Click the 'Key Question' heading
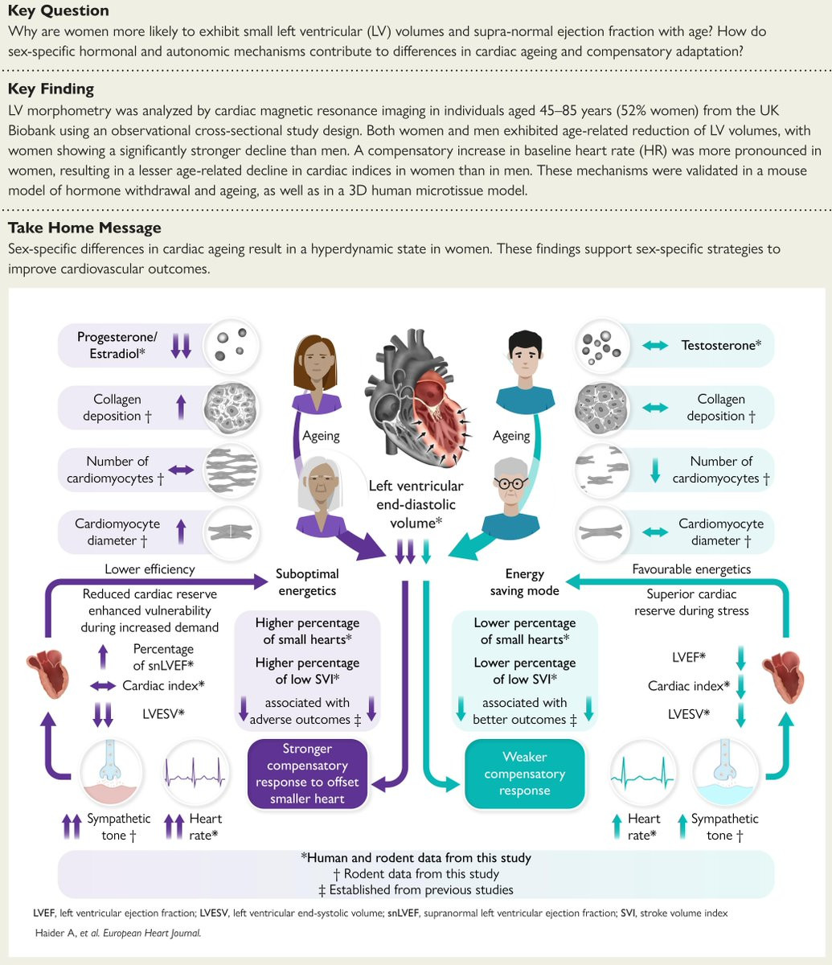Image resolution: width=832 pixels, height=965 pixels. pos(59,10)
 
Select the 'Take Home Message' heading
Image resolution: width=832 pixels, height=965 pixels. pos(84,228)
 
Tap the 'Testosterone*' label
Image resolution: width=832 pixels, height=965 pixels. pos(721,345)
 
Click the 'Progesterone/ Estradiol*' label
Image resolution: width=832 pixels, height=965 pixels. pos(117,345)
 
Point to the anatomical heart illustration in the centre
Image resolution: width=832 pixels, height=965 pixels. pos(418,398)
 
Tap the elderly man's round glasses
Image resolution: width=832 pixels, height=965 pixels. pos(511,482)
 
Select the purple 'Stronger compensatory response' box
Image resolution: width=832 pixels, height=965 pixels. pos(308,774)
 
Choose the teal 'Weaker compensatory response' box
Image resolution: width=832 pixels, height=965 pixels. pos(524,774)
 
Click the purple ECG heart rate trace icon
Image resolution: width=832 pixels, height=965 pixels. pos(195,772)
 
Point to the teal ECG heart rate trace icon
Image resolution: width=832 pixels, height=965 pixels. pos(642,772)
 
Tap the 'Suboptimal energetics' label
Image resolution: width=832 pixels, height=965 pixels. pos(307,582)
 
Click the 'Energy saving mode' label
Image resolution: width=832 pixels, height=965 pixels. pos(524,582)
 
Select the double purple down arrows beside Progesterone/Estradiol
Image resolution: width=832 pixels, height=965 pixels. pos(181,346)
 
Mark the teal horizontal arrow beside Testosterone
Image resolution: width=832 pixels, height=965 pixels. pos(655,346)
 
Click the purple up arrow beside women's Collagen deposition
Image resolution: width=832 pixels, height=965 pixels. pos(181,407)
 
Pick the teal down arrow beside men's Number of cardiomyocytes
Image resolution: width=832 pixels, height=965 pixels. pos(655,470)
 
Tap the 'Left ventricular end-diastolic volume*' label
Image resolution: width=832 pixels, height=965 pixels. pos(416,504)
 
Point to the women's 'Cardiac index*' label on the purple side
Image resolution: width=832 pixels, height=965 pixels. pos(163,685)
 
